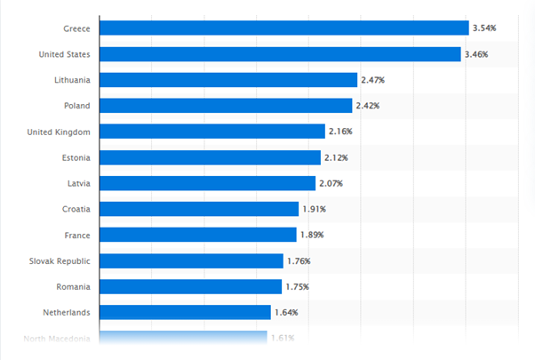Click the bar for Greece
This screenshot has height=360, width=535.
coord(283,28)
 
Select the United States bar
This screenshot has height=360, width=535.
coord(280,54)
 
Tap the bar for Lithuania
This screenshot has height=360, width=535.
coord(228,80)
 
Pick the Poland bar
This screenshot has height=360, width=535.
coord(226,106)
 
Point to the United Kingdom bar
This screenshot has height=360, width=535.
coord(212,132)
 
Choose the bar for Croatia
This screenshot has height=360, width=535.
coord(199,209)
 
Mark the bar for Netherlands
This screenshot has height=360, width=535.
coord(185,312)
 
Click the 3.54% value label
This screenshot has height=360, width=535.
coord(484,28)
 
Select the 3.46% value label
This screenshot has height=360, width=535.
coord(476,54)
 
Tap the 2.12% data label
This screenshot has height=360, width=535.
coord(335,157)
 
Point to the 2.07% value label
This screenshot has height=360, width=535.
coord(330,183)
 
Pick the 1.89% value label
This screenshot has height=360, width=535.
coord(310,235)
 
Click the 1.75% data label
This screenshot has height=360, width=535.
coord(298,286)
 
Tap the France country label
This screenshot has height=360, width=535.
coord(76,235)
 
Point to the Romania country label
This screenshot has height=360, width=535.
coord(71,286)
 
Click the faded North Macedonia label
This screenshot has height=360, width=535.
coord(57,338)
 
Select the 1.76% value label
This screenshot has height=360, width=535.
coord(299,260)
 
